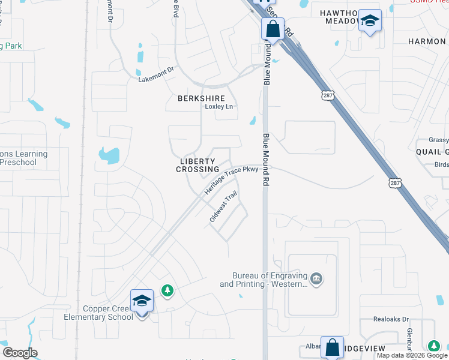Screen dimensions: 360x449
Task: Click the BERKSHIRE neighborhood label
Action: [201, 98]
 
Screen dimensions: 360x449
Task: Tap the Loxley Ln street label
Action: [218, 107]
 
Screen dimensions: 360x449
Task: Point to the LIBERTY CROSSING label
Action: [197, 166]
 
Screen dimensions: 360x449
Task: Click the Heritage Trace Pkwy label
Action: [231, 180]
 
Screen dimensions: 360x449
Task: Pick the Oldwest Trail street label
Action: [223, 208]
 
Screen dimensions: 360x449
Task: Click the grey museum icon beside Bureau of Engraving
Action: [316, 278]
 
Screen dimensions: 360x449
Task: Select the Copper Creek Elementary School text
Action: [99, 313]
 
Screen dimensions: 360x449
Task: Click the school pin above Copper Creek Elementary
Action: [142, 301]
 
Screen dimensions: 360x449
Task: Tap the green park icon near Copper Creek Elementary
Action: [167, 291]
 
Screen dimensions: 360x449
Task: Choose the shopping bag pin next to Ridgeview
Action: [332, 347]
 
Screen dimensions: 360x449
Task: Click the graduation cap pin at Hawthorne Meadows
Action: [370, 22]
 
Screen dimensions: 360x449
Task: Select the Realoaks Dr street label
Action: [391, 320]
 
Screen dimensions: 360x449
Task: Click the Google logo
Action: [20, 353]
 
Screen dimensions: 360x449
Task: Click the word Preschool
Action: [18, 162]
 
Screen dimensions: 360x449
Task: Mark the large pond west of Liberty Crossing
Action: [109, 155]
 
